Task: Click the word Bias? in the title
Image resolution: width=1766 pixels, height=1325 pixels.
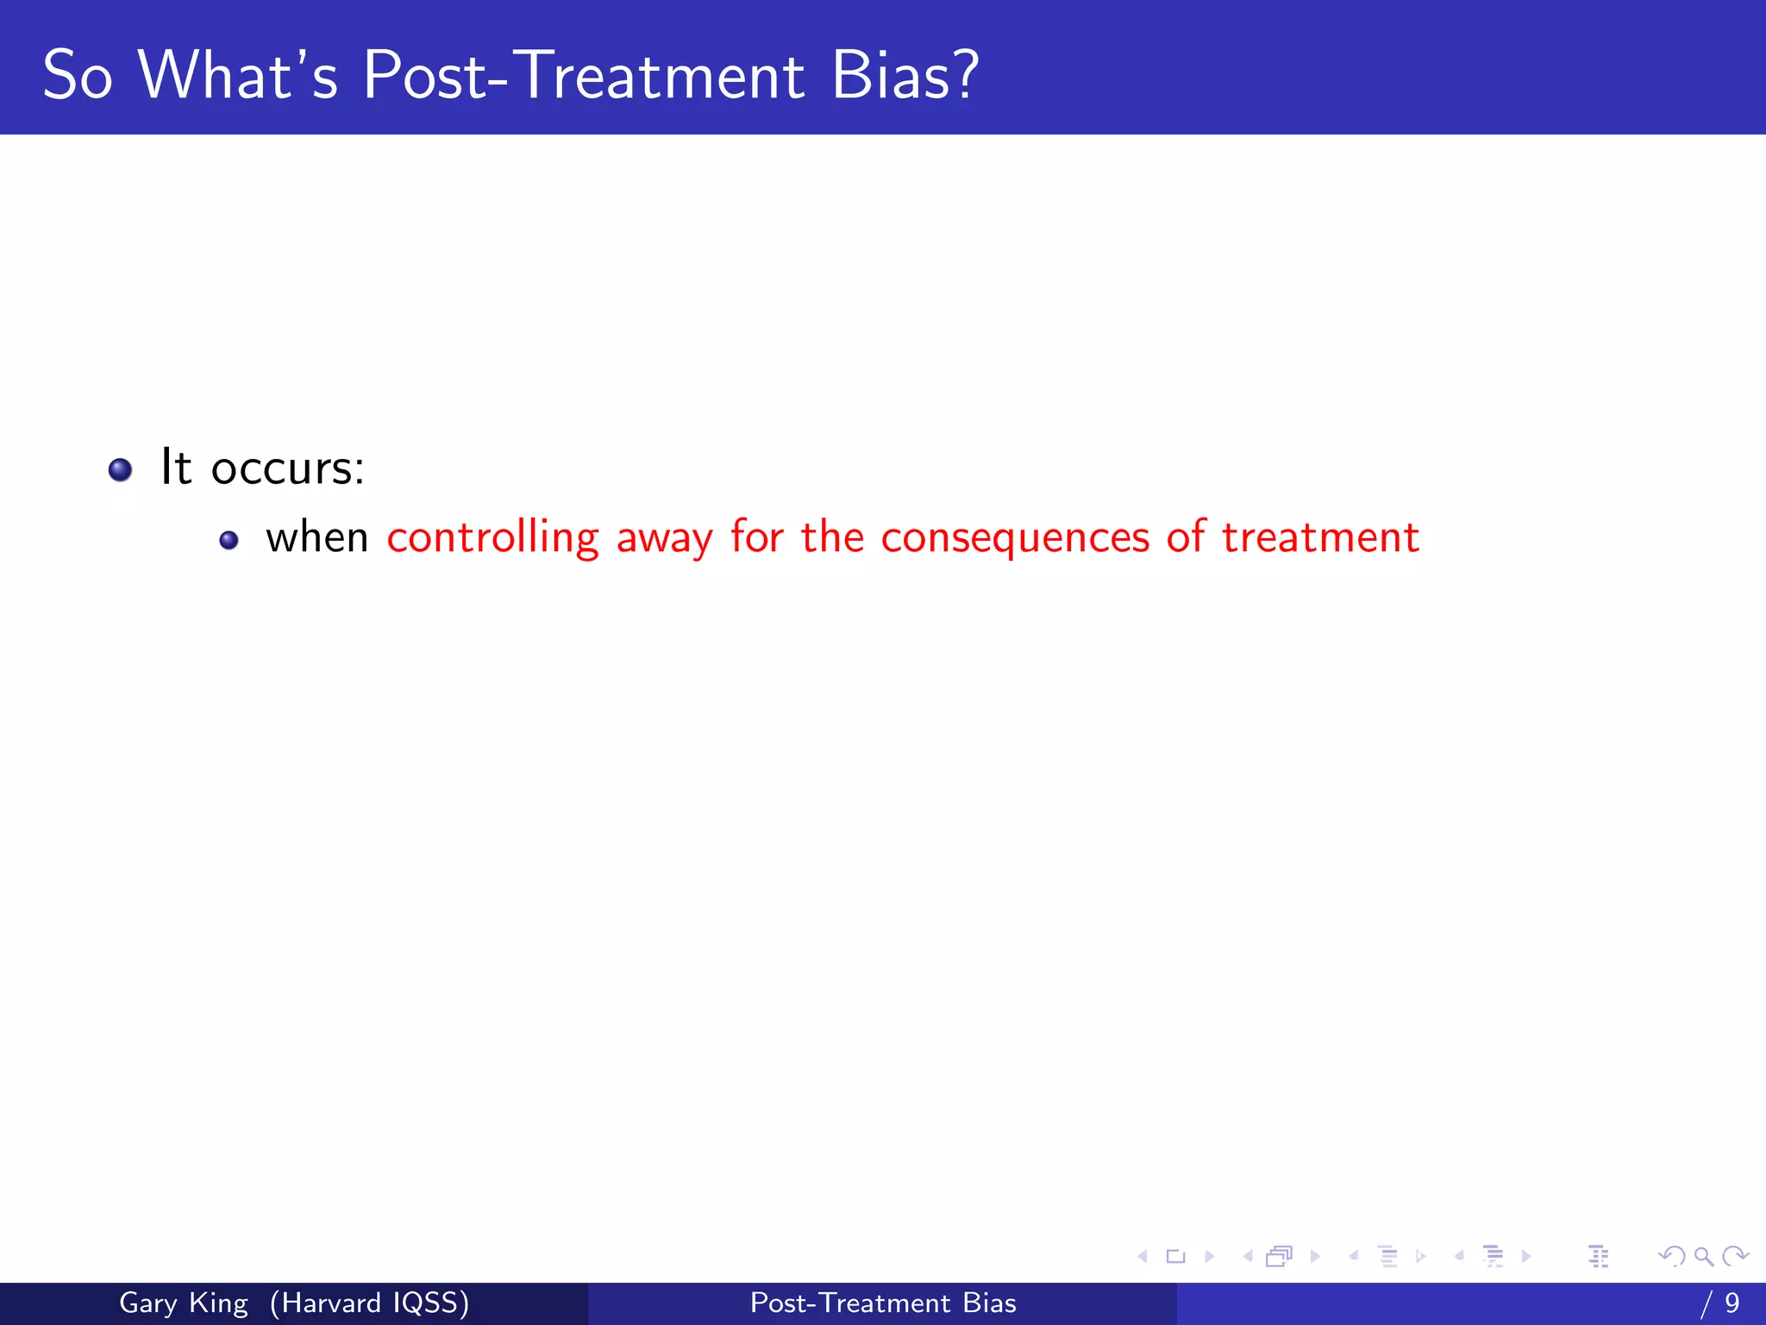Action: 905,76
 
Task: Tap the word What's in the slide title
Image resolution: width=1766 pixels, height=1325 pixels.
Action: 237,76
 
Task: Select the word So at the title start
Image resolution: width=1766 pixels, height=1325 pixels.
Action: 78,76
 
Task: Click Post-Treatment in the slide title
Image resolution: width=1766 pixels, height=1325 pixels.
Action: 584,76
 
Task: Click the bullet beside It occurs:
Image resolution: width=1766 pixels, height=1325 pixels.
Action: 120,470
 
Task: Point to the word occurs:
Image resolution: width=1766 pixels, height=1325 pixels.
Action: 287,469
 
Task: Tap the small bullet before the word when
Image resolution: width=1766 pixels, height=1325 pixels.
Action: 229,541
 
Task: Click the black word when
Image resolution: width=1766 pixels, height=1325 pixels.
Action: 316,538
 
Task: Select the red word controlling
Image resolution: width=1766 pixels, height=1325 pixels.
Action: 492,538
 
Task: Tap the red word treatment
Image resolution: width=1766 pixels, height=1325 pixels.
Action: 1320,538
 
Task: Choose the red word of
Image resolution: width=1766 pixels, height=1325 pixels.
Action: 1186,537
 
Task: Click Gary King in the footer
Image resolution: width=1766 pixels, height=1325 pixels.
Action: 184,1303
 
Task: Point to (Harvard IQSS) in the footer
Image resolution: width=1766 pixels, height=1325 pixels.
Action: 369,1303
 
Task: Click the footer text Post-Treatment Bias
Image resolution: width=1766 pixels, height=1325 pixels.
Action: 883,1303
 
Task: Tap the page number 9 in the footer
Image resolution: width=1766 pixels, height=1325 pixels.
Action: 1732,1303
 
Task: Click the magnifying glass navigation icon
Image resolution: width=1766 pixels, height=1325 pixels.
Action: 1702,1257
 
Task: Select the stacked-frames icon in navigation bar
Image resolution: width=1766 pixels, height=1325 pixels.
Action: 1280,1257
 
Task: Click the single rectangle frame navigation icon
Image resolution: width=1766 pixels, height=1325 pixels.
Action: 1175,1257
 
